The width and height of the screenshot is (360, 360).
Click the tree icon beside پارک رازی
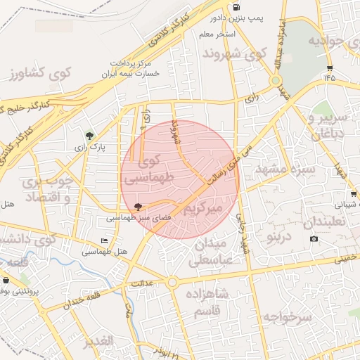[x=89, y=135]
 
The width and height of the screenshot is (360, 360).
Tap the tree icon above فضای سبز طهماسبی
[x=137, y=207]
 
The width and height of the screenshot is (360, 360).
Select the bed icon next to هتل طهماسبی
[x=105, y=241]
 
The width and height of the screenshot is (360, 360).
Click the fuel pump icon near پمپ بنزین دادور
[x=233, y=8]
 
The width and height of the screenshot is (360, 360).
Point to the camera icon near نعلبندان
[x=314, y=239]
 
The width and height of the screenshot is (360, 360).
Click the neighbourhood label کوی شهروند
[x=234, y=53]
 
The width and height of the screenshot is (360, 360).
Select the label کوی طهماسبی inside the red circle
[x=148, y=169]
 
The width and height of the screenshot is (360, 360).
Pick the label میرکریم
[x=202, y=210]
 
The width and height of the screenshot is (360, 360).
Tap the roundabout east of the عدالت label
[x=172, y=283]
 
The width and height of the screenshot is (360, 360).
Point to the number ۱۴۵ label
[x=330, y=77]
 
